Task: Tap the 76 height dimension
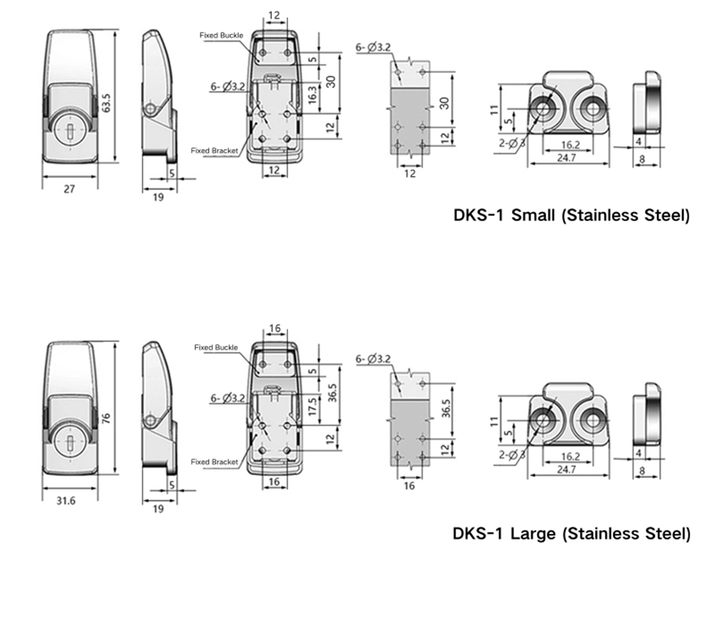(x=106, y=417)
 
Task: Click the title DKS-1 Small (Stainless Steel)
(x=571, y=215)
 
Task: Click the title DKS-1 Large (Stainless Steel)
(x=571, y=533)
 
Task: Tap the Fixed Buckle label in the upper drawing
(x=222, y=35)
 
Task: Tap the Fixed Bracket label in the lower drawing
(x=214, y=462)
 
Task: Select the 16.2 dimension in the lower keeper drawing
(x=570, y=455)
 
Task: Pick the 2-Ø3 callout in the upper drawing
(x=512, y=143)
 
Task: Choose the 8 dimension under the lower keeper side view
(x=641, y=471)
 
